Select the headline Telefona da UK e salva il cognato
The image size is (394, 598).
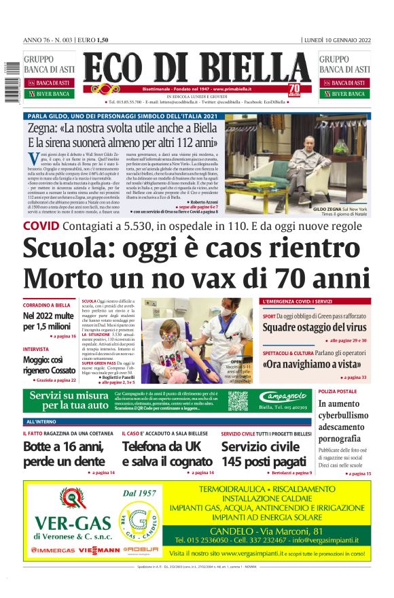click(167, 454)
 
